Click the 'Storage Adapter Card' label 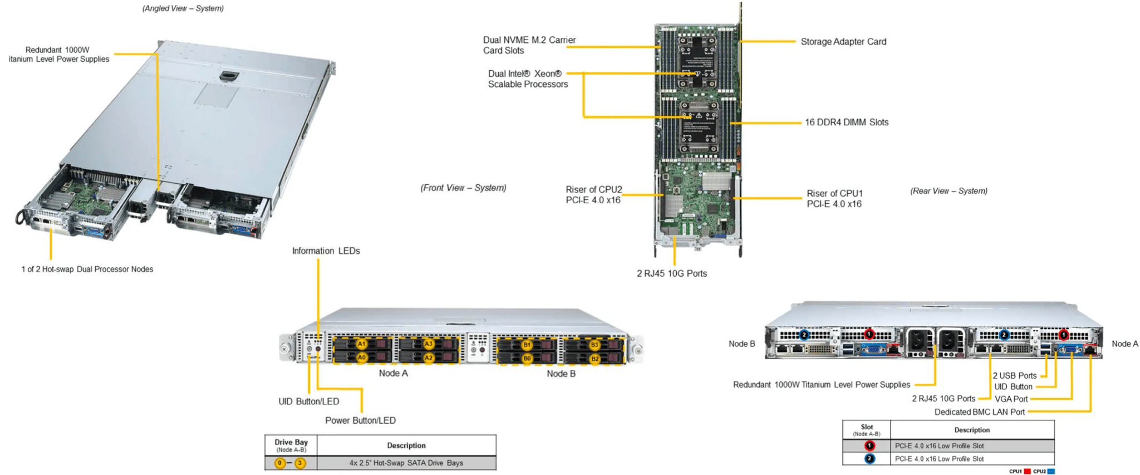pos(843,42)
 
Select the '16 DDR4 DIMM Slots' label pos(846,123)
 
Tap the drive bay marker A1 pos(362,344)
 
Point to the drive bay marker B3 pos(594,345)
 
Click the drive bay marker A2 pos(428,358)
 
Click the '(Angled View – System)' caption pos(183,8)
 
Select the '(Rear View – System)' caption pos(949,191)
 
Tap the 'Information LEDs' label pos(326,251)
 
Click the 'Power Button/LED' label pos(360,420)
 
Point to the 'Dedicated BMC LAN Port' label pos(979,412)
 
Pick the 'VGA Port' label pos(1011,399)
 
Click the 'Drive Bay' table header pos(291,445)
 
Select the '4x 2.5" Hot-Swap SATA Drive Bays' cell pos(406,463)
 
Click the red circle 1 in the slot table pos(869,446)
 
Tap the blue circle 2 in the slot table pos(869,459)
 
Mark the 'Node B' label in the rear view pos(741,344)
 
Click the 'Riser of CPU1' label pos(834,199)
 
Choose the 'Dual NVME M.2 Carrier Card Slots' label pos(529,45)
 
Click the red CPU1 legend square pos(1027,472)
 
